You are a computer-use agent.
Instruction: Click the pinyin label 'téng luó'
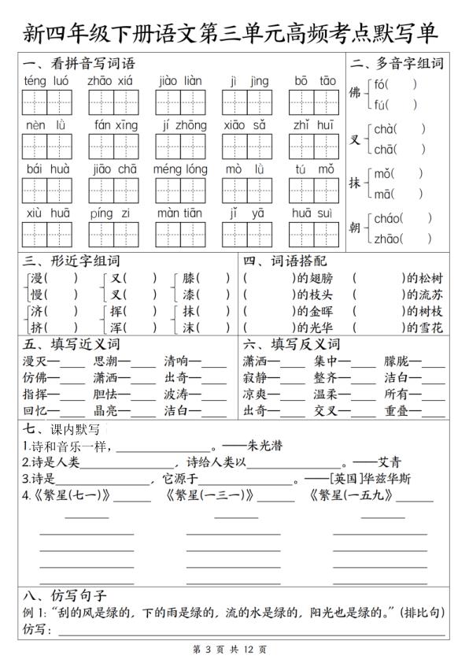(46, 80)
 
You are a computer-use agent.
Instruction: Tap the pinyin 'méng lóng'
(180, 169)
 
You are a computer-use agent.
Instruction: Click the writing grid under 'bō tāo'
(315, 102)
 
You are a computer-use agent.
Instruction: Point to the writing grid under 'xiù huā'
(46, 234)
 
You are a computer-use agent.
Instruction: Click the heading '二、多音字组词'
(397, 64)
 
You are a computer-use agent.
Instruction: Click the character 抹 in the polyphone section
(355, 183)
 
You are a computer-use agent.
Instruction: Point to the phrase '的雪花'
(424, 328)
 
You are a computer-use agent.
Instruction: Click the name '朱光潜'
(264, 446)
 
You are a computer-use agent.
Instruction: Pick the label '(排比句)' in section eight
(422, 611)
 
